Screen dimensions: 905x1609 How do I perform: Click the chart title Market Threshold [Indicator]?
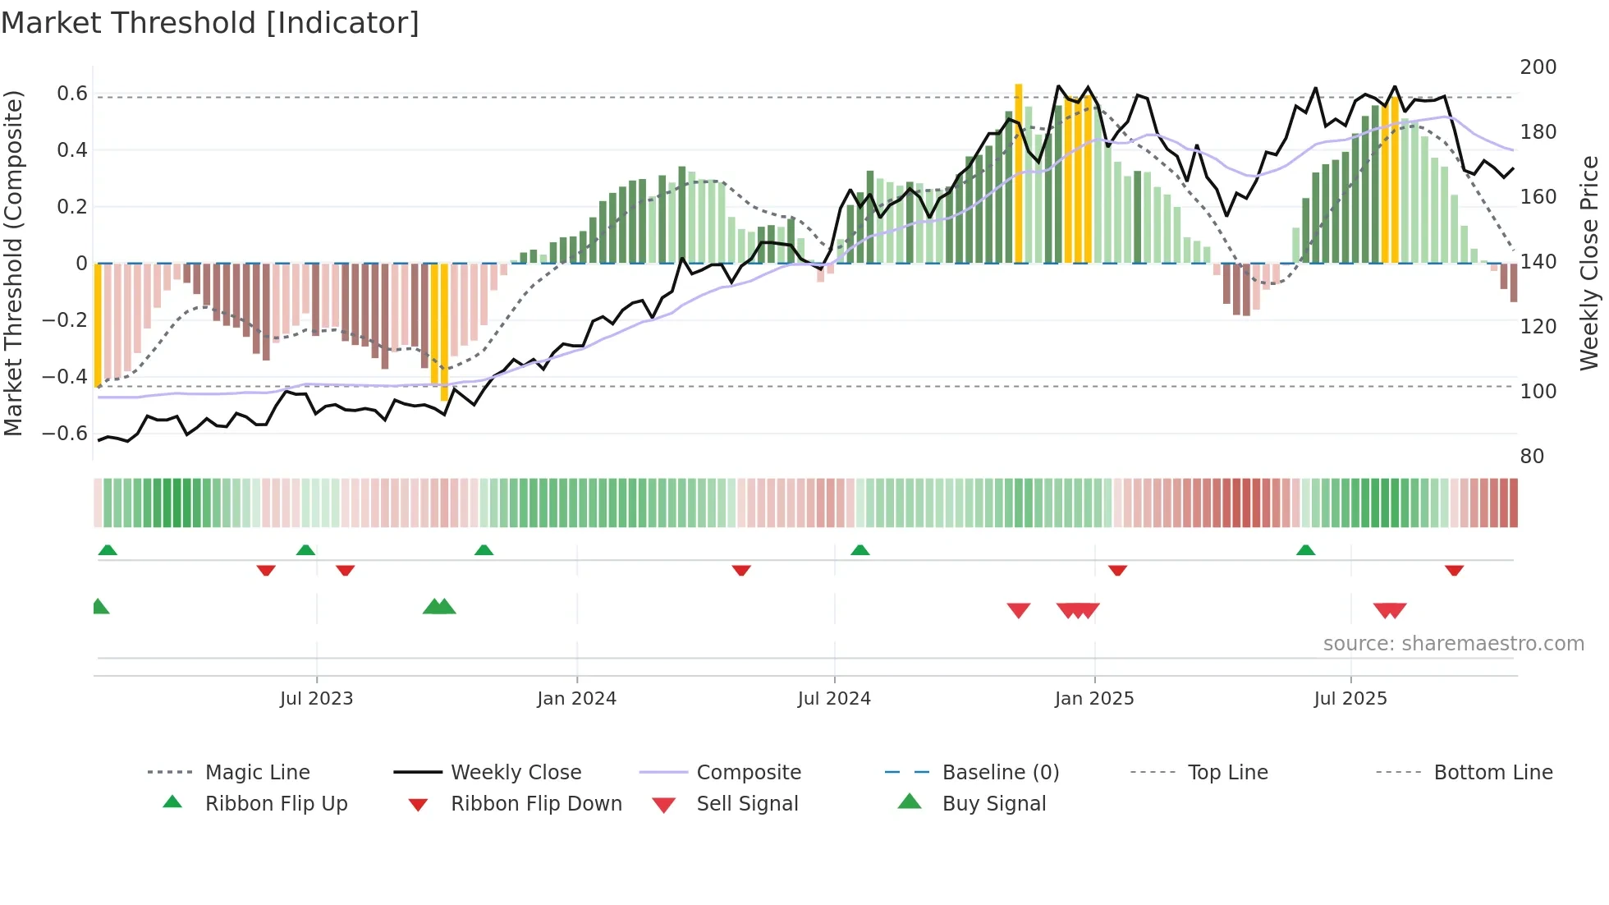[210, 23]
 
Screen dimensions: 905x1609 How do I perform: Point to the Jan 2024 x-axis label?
[576, 699]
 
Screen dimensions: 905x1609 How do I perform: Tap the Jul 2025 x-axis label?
[1350, 699]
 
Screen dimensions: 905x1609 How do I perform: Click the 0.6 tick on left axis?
[72, 94]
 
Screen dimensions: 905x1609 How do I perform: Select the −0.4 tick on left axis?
[65, 377]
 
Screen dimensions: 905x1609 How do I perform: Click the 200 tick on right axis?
[1538, 67]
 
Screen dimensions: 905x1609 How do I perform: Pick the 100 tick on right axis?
[1538, 392]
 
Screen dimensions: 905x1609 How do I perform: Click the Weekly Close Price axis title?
[1589, 263]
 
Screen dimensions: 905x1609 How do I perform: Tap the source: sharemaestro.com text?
[1453, 644]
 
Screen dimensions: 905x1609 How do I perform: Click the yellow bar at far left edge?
[98, 324]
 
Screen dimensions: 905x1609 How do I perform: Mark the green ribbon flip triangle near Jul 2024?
[860, 550]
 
